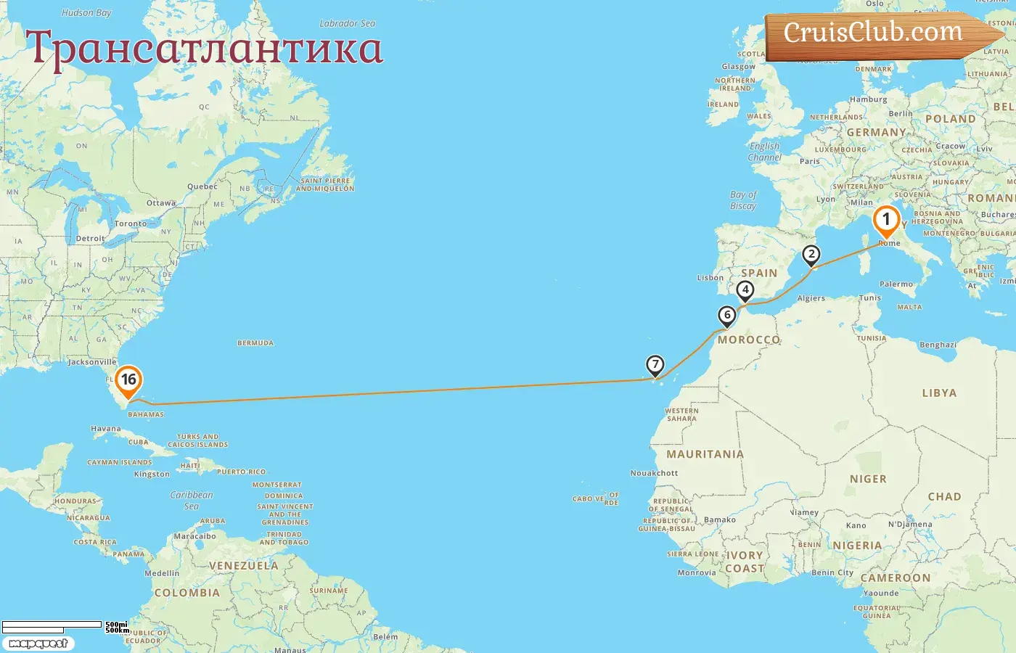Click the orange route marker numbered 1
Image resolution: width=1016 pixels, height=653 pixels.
(x=885, y=220)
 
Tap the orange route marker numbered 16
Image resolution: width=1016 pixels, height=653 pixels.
(x=128, y=380)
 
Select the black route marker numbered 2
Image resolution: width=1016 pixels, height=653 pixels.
(x=811, y=255)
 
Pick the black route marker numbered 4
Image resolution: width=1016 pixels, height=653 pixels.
(x=745, y=290)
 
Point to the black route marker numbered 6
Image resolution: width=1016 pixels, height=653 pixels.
(x=726, y=316)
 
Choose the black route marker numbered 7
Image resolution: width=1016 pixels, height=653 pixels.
(x=655, y=365)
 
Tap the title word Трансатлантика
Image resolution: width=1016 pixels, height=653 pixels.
(x=204, y=48)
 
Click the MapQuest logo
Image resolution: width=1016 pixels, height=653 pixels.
(x=38, y=644)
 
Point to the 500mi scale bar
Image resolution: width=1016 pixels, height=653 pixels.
(x=52, y=625)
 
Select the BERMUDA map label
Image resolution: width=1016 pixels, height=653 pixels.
(x=255, y=343)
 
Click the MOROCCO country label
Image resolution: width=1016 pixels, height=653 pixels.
(x=748, y=340)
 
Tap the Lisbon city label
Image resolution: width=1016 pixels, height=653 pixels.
(x=710, y=278)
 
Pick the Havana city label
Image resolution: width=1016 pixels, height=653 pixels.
(x=106, y=429)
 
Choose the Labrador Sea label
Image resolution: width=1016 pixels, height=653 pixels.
(x=348, y=23)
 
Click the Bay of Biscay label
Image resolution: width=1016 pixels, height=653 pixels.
(x=743, y=200)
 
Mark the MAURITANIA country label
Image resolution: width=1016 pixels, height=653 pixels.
(x=705, y=454)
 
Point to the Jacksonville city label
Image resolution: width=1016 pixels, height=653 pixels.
(x=92, y=362)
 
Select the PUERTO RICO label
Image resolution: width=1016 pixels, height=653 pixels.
(x=242, y=472)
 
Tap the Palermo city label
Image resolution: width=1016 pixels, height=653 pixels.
(x=896, y=284)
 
